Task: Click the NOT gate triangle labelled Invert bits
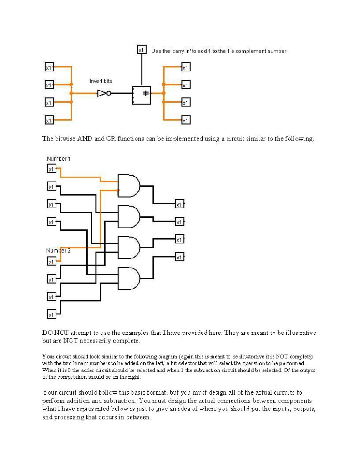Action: [102, 93]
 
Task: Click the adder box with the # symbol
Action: [142, 94]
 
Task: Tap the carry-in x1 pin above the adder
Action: [142, 50]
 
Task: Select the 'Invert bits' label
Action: [101, 81]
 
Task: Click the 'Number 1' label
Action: [59, 159]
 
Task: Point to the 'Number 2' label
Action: [58, 251]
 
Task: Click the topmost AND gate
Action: [129, 185]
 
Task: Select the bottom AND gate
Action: [129, 278]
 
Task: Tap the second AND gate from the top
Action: [129, 216]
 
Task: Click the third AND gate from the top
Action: [129, 247]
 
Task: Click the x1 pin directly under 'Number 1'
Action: [52, 169]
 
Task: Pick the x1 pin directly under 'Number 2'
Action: [52, 262]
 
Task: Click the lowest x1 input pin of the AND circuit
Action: [52, 314]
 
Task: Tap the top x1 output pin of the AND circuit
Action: [180, 204]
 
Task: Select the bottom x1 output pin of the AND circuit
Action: [180, 258]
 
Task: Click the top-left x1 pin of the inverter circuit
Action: [49, 67]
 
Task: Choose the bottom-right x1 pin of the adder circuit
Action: [186, 120]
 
